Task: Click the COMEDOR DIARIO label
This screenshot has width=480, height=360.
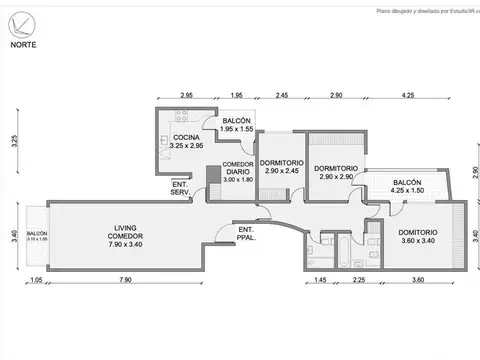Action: point(238,172)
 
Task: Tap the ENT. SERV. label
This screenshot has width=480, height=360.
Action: point(181,187)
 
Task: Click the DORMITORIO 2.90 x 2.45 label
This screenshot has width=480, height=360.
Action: point(281,167)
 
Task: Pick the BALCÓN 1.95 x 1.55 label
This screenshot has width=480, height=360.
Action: point(236,125)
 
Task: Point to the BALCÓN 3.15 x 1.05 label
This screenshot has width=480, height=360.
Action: point(36,238)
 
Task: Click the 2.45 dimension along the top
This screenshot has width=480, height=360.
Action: point(283,95)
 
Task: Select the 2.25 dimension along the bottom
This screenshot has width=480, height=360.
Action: point(358,281)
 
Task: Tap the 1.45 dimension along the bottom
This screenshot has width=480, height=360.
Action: point(321,281)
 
